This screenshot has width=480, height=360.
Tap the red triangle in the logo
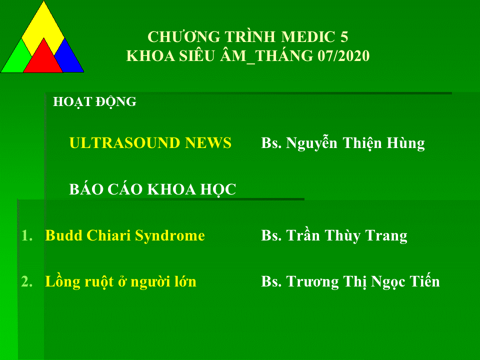coord(43,59)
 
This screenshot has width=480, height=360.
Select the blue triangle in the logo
coord(69,59)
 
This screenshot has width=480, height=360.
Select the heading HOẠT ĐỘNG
coord(94,102)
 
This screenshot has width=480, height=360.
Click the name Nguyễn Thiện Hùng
coord(355,143)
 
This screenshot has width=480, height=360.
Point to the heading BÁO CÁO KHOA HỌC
coord(152,189)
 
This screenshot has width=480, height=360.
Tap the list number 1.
coord(27,235)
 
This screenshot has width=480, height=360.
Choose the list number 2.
coord(27,281)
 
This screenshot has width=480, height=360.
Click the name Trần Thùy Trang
coord(346,236)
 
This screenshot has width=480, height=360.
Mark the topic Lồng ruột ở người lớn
coord(120,281)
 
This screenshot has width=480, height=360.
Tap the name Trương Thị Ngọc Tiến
coord(363,281)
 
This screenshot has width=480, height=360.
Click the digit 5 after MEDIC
coord(344,36)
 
